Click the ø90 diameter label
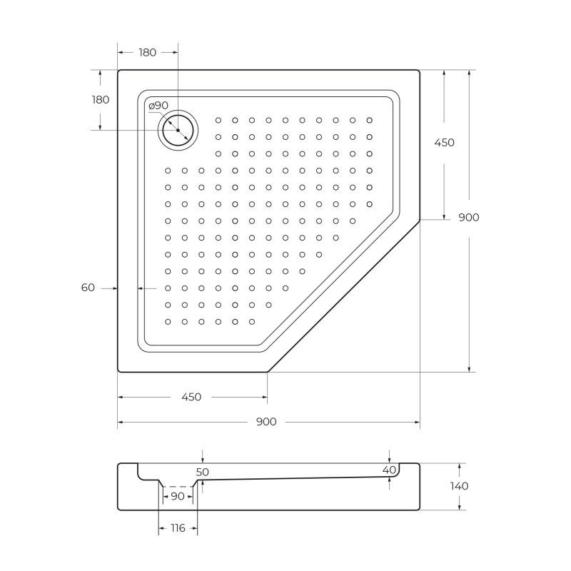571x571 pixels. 158,106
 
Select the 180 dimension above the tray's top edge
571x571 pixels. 148,52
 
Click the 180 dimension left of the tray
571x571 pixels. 101,100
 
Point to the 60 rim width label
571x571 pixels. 88,288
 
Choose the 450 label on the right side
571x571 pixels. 444,143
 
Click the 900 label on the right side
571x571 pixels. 468,218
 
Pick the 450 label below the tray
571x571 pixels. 191,397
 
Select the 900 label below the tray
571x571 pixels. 266,423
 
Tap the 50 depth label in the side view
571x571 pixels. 203,472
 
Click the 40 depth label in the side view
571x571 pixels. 389,470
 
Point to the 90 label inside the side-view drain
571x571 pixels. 177,496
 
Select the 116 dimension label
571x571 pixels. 177,528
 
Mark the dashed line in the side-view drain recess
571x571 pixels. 177,486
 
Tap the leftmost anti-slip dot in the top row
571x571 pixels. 218,120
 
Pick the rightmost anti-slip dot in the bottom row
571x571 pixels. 253,322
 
